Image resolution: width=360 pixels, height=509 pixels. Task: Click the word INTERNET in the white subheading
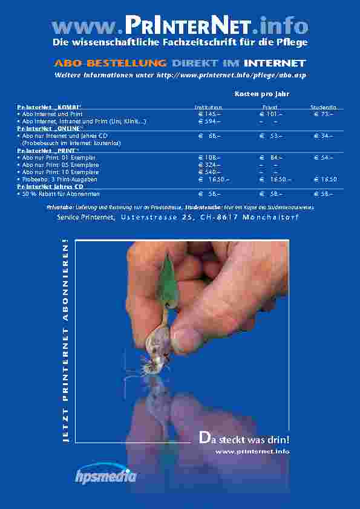point(275,63)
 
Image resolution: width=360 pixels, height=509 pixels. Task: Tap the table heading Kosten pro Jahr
point(262,94)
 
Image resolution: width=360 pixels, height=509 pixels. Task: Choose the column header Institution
point(203,108)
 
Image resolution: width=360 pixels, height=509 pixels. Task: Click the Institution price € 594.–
point(209,122)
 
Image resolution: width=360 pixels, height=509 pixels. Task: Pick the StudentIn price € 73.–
point(324,114)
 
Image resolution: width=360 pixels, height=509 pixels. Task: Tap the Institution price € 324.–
point(209,164)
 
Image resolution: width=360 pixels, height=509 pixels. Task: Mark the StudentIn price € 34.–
point(324,136)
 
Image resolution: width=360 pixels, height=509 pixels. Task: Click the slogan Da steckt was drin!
point(244,439)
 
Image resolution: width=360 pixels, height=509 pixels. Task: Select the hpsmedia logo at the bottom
point(106,475)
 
